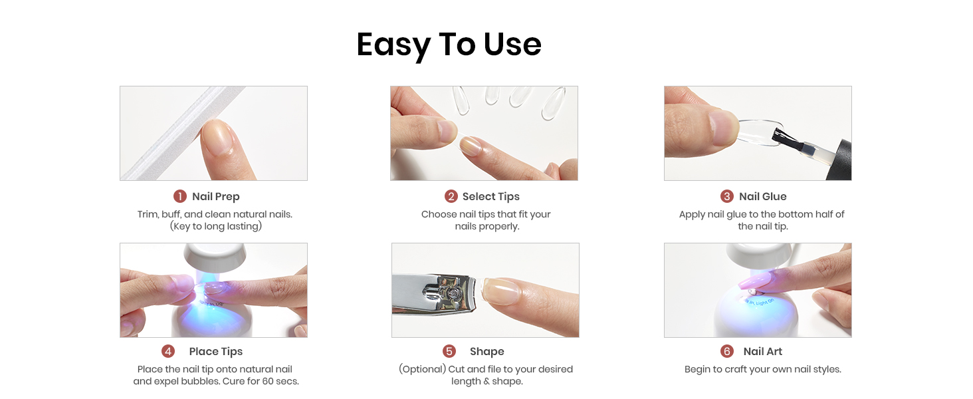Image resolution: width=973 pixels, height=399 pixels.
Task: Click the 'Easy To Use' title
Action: click(449, 45)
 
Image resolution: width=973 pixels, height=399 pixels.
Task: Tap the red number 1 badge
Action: click(180, 196)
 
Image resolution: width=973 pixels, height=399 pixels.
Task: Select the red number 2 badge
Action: click(451, 196)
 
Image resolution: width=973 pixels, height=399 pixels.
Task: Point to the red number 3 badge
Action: click(726, 196)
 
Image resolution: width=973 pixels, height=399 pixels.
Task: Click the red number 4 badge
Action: click(168, 351)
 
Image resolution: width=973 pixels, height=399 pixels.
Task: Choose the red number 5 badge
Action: click(449, 351)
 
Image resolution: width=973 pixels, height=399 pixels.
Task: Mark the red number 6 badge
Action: click(726, 351)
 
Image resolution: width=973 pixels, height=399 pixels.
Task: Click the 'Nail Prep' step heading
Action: click(216, 197)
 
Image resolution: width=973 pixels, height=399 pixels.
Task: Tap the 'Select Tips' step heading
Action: click(491, 197)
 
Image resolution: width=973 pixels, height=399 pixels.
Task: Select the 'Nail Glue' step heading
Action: click(763, 197)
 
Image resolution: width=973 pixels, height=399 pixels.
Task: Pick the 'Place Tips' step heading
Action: click(216, 352)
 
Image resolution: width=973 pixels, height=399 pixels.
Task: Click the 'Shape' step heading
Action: click(487, 352)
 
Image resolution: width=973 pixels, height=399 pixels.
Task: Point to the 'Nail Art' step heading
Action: click(763, 352)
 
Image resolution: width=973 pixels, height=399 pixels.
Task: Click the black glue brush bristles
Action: click(786, 138)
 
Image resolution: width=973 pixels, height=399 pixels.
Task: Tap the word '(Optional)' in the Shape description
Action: click(423, 370)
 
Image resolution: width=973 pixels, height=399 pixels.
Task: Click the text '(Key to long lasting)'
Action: click(216, 227)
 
